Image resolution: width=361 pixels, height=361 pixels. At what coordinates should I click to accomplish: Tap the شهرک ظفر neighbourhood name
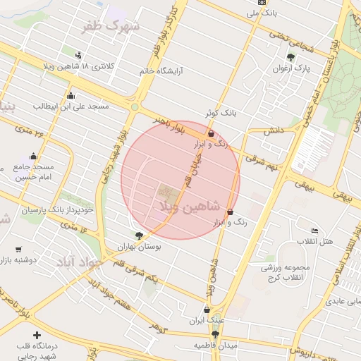(111, 25)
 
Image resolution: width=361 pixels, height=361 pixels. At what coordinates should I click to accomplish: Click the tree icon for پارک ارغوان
(290, 58)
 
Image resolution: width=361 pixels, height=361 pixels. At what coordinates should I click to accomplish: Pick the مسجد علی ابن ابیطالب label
(71, 106)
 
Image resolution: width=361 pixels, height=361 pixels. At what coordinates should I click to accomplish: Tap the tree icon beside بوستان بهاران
(138, 236)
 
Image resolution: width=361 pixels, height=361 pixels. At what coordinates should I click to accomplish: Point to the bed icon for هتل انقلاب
(315, 231)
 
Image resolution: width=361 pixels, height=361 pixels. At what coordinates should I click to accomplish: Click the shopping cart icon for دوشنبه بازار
(18, 249)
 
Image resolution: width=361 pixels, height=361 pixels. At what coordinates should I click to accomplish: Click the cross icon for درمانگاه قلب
(37, 335)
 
